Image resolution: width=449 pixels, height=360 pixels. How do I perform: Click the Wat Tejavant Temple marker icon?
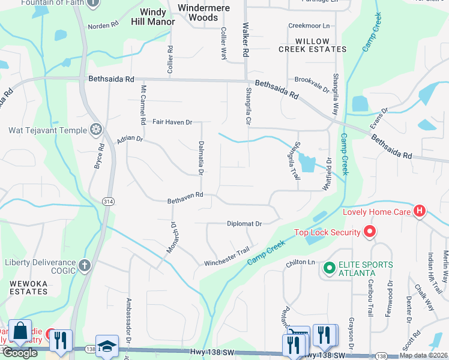tap(95, 129)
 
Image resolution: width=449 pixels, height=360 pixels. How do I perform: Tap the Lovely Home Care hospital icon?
tap(420, 211)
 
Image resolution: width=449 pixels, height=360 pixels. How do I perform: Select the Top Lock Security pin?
tap(369, 232)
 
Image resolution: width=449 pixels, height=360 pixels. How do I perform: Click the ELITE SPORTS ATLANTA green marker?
tap(328, 268)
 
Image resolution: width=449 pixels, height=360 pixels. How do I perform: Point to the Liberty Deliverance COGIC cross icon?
tap(85, 264)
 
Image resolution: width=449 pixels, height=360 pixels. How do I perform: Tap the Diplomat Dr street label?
tap(244, 224)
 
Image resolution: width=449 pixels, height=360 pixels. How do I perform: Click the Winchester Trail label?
tap(226, 257)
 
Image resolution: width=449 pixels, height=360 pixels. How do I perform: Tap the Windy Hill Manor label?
tap(153, 17)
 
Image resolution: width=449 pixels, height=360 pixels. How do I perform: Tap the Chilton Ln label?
tap(300, 262)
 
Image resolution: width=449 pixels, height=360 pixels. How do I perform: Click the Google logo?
tap(20, 353)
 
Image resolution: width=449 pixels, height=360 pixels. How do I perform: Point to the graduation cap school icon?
tap(106, 346)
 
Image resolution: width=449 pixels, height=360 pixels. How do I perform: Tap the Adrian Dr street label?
tap(130, 139)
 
